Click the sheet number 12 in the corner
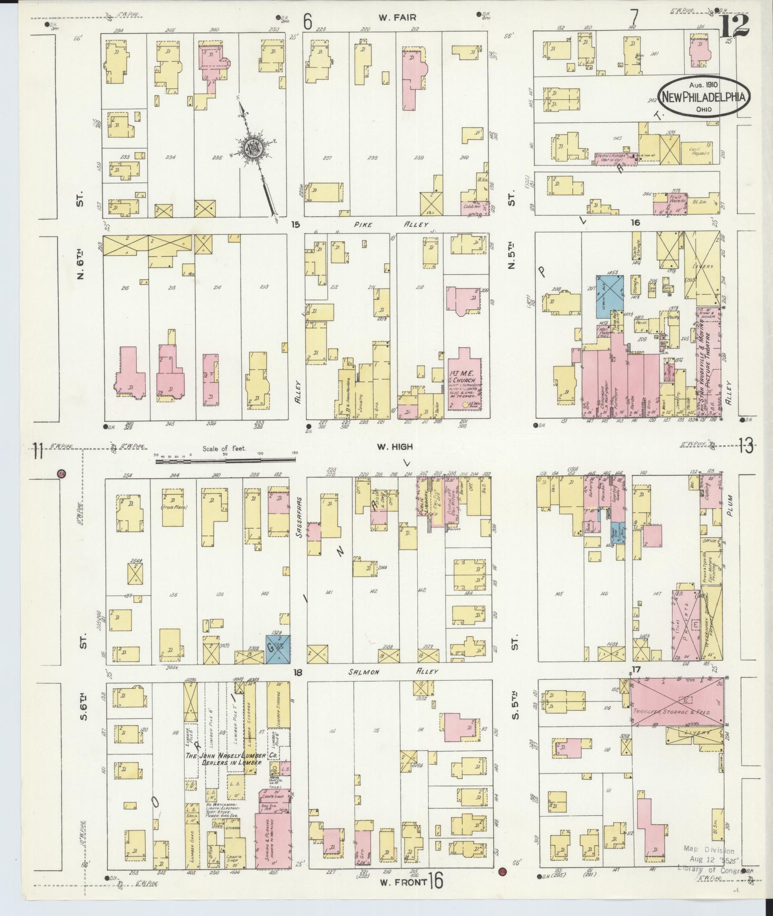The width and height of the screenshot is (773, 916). tap(734, 26)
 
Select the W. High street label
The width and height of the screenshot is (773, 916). tap(395, 446)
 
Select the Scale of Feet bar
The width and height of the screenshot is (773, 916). tap(226, 459)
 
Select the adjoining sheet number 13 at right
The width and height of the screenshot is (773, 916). tap(746, 447)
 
